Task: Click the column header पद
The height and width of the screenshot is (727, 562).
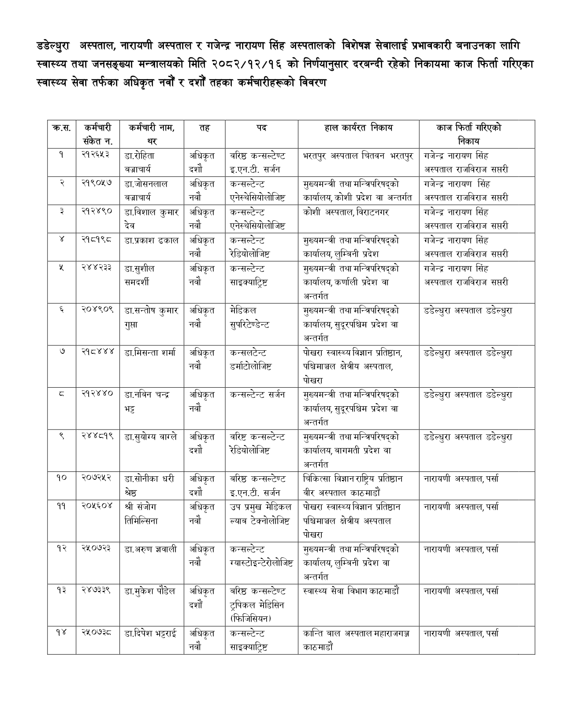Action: click(261, 128)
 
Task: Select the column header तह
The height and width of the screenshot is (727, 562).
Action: click(205, 128)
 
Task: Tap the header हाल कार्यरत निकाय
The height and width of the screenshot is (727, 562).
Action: click(358, 128)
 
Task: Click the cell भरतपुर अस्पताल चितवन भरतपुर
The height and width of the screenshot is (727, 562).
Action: click(358, 156)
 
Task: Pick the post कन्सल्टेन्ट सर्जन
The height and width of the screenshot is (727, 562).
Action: click(257, 395)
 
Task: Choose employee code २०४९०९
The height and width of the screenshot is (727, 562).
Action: click(97, 310)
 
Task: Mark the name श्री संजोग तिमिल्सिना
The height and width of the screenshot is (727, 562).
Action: click(141, 514)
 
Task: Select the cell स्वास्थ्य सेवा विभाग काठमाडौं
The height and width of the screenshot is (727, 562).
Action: click(351, 591)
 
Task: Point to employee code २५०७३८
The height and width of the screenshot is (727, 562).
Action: click(97, 633)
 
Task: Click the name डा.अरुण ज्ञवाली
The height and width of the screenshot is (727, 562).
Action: click(150, 549)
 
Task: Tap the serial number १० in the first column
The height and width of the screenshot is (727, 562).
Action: click(61, 478)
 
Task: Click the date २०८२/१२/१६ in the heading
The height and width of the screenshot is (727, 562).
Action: click(241, 64)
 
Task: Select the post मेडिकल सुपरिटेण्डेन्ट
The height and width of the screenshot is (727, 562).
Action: click(249, 317)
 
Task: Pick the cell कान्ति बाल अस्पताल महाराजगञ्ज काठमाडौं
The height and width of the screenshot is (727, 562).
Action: click(356, 640)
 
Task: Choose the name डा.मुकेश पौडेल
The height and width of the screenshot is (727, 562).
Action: click(150, 591)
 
